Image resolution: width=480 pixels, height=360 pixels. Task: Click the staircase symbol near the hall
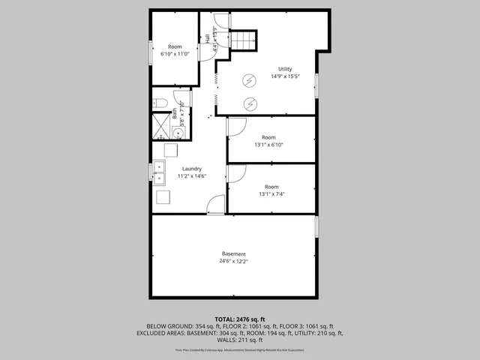pos(243,40)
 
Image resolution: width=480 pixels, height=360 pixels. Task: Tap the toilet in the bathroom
pos(160,103)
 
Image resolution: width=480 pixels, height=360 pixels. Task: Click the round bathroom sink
pos(178,133)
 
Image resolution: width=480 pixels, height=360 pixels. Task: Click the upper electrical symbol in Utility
pos(250,81)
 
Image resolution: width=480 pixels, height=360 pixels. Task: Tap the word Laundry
pos(191,169)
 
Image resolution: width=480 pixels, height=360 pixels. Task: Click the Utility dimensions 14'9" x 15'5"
pos(285,76)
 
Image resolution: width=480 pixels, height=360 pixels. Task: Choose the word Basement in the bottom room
pos(233,253)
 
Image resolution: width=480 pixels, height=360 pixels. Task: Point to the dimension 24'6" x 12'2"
pos(233,261)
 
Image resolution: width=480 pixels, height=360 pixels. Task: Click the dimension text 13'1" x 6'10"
pos(269,145)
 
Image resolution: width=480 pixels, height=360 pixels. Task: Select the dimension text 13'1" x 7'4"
pos(271,194)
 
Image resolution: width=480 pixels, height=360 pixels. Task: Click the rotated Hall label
pos(208,38)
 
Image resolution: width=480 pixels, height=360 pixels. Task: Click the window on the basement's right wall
pos(316,226)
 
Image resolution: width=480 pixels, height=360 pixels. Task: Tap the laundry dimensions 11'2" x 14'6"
pos(191,176)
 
